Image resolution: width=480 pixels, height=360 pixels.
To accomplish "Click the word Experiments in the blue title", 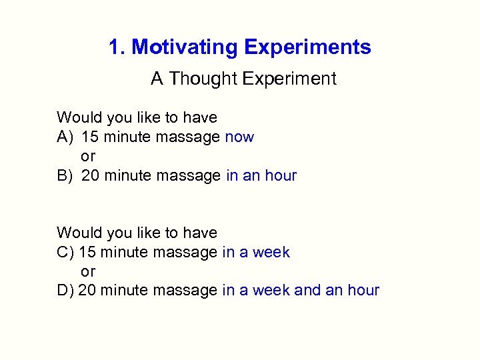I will [307, 48].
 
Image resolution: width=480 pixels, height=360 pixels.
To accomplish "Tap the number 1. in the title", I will [117, 48].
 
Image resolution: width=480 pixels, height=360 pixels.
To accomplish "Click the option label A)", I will [65, 137].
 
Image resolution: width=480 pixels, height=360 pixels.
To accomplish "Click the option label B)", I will [65, 176].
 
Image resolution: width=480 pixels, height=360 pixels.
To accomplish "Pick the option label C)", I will [65, 253].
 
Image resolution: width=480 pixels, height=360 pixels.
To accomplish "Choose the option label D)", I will [65, 291].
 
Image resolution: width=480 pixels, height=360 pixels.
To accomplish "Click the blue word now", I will [239, 137].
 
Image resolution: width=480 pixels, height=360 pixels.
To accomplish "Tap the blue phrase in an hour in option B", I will [261, 176].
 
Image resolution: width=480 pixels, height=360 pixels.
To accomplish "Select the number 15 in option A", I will [90, 137].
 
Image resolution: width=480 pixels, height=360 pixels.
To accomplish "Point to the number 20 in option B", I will [91, 176].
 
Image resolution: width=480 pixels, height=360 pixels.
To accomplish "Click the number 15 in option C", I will [87, 253].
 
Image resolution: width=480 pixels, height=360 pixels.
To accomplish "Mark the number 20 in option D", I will [87, 291].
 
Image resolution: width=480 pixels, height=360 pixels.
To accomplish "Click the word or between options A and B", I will [88, 157].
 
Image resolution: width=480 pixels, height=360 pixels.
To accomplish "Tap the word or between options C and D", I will [88, 272].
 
